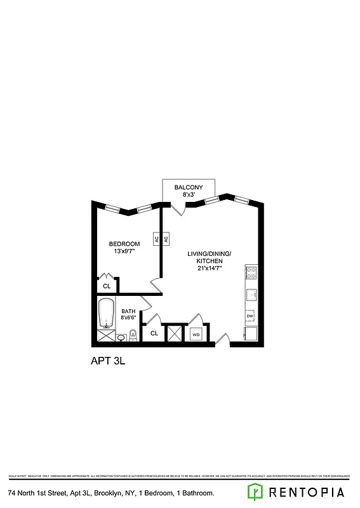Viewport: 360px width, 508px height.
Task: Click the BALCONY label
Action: (189, 187)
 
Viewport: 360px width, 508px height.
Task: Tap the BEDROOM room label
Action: (124, 244)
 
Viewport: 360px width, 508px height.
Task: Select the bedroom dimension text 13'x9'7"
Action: (124, 252)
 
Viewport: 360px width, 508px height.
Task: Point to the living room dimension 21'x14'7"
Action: (209, 269)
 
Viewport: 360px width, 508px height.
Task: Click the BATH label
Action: (128, 311)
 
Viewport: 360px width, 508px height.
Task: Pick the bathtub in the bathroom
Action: (106, 312)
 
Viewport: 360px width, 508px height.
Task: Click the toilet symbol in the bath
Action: (133, 335)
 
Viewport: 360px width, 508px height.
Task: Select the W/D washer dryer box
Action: (196, 334)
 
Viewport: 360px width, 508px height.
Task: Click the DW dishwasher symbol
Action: (250, 316)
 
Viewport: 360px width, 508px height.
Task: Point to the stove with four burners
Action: (251, 273)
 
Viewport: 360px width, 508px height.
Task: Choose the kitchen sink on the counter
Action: (251, 295)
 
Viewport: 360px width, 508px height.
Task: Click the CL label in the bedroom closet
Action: (107, 286)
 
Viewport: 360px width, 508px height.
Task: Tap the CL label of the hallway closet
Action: (154, 333)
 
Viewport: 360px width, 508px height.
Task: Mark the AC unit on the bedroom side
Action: (156, 239)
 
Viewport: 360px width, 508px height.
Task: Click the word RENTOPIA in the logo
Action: (307, 492)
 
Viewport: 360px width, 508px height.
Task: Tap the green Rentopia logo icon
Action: (255, 491)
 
